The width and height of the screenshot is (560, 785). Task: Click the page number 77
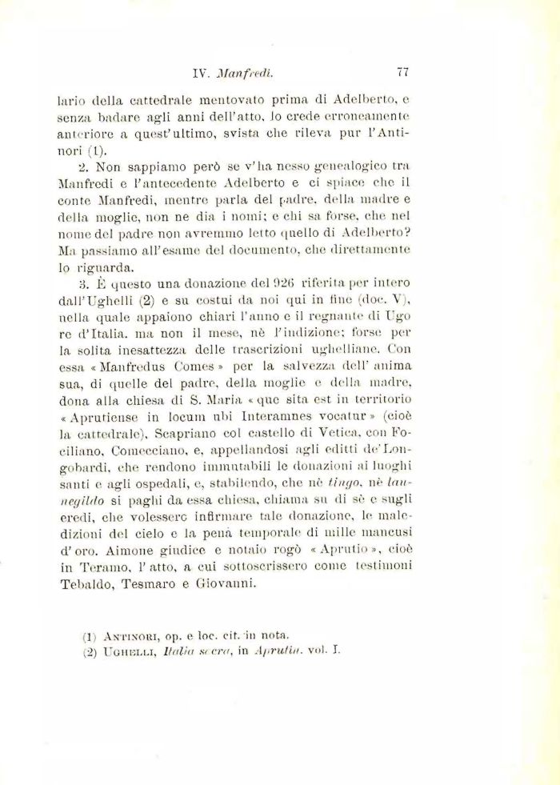coord(402,71)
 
